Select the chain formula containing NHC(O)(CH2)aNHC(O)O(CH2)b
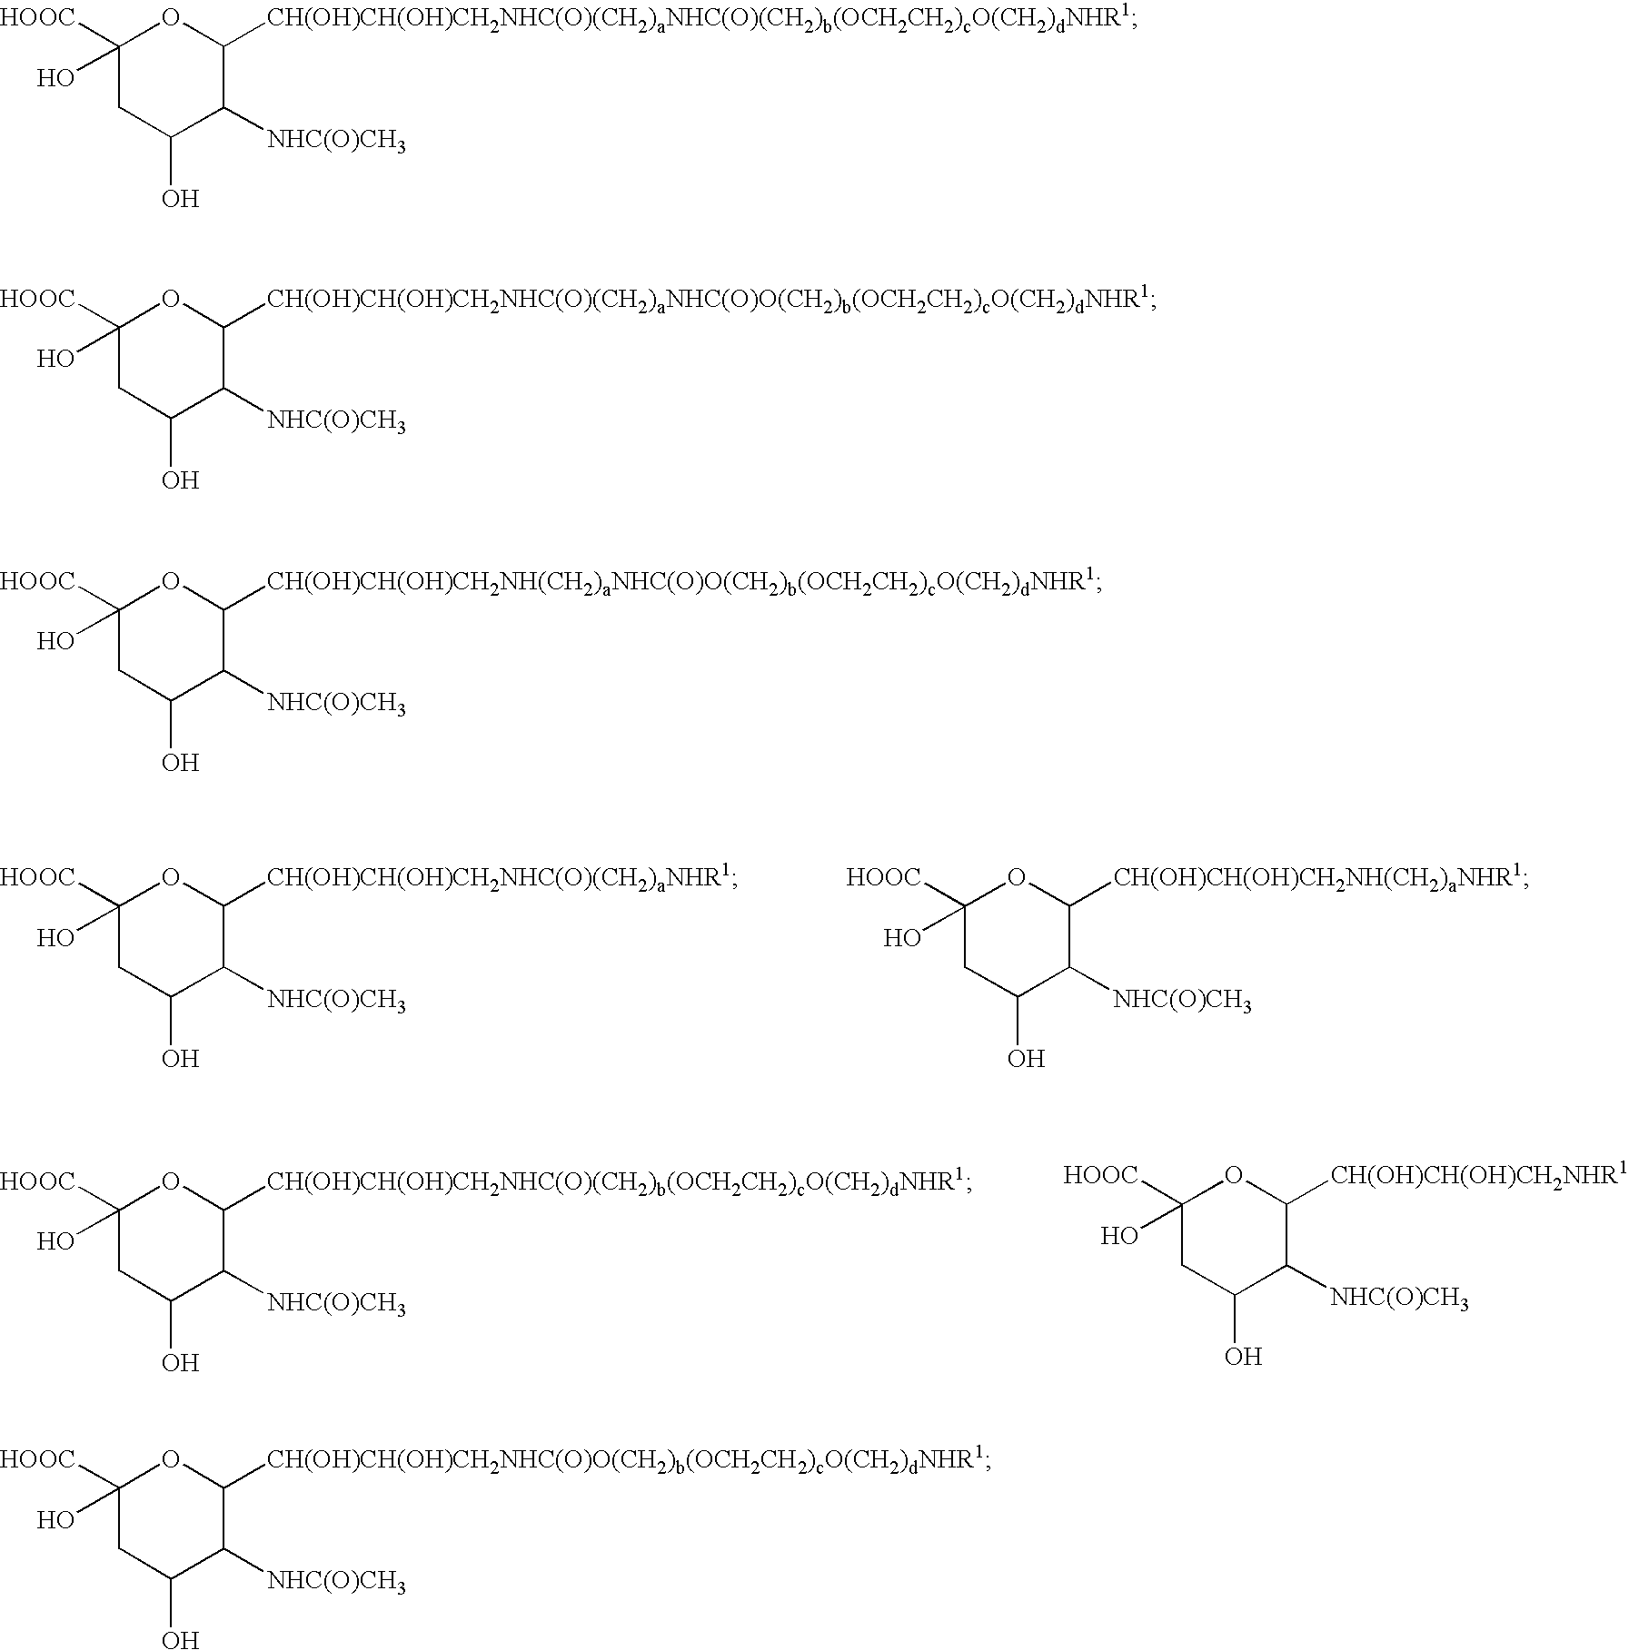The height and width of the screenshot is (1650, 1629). [711, 301]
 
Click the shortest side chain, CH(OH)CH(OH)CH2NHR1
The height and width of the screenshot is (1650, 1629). [1479, 1177]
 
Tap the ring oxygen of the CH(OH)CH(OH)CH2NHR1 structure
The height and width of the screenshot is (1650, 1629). [1233, 1177]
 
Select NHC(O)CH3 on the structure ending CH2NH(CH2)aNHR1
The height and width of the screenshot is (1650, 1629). [1182, 1001]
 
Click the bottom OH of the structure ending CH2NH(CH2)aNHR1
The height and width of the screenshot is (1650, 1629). [1026, 1058]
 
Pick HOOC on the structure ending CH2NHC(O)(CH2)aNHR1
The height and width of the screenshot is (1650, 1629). [37, 878]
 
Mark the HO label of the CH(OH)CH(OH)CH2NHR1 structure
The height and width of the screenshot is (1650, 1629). [1119, 1236]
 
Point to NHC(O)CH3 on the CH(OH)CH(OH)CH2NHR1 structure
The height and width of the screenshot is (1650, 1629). [1399, 1299]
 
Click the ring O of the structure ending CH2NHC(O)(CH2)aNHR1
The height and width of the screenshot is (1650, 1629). [171, 878]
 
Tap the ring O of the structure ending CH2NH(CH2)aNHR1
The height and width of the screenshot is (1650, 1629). [1017, 878]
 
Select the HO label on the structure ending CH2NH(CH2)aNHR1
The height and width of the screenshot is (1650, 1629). [902, 938]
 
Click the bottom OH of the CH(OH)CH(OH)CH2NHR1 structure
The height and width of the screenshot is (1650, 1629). [1243, 1357]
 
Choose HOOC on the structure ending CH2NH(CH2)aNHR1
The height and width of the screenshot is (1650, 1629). [883, 878]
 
